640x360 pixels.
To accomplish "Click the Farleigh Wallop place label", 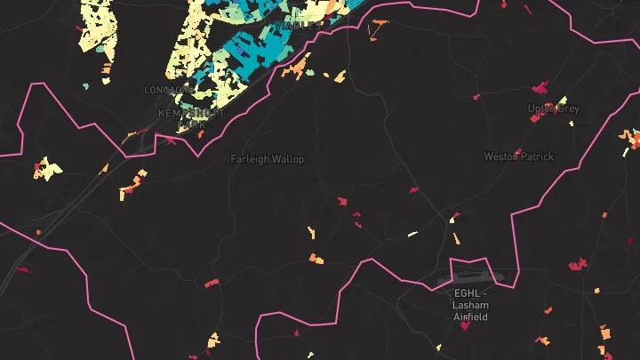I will coord(267,159).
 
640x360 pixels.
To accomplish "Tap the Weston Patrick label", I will coord(518,156).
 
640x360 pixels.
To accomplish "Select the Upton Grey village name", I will coord(553,108).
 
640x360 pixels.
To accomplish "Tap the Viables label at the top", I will coord(297,26).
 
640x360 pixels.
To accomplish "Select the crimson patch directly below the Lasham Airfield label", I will coord(465,326).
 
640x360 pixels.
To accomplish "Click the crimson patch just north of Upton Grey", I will coord(540,88).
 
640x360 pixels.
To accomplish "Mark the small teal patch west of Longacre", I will coord(86,86).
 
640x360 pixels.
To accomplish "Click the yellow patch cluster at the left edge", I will coord(47,168).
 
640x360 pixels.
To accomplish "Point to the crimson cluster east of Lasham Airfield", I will coord(578,264).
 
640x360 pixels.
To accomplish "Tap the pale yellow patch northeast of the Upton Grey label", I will coord(564,99).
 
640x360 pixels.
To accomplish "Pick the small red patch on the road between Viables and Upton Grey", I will coord(476,96).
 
